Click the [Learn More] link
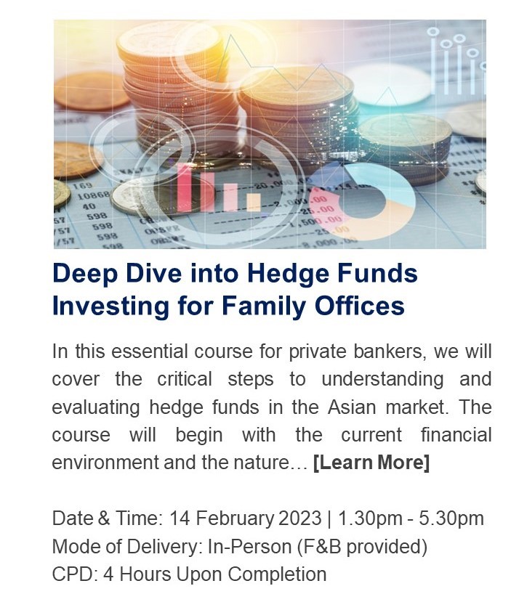tap(371, 463)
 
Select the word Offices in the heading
tap(360, 306)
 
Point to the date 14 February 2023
tap(245, 518)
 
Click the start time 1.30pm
tap(370, 518)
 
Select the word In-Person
tap(249, 546)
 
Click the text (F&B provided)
tap(362, 547)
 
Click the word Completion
tap(277, 574)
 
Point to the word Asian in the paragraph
tap(352, 407)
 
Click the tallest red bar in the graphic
tap(185, 187)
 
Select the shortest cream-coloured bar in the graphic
tap(254, 202)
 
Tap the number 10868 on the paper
tap(94, 196)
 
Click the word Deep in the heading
tap(85, 274)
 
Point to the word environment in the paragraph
tap(105, 463)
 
